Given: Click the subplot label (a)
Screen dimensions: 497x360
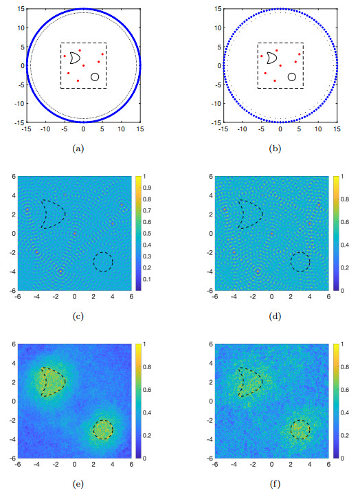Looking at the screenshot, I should [x=84, y=148].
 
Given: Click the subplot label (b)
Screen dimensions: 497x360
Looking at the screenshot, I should [x=280, y=148].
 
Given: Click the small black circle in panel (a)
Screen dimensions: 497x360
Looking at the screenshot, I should [x=95, y=76].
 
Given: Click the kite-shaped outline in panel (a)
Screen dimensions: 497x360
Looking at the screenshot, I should [x=74, y=59].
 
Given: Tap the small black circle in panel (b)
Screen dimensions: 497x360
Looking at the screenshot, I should [x=291, y=76].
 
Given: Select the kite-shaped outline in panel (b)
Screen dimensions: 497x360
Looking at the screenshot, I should [x=271, y=59].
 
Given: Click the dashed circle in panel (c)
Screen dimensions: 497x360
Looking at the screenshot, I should [x=103, y=262].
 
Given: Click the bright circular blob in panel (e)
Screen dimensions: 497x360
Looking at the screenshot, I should [x=103, y=430].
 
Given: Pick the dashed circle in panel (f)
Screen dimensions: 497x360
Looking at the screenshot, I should [x=300, y=430].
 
